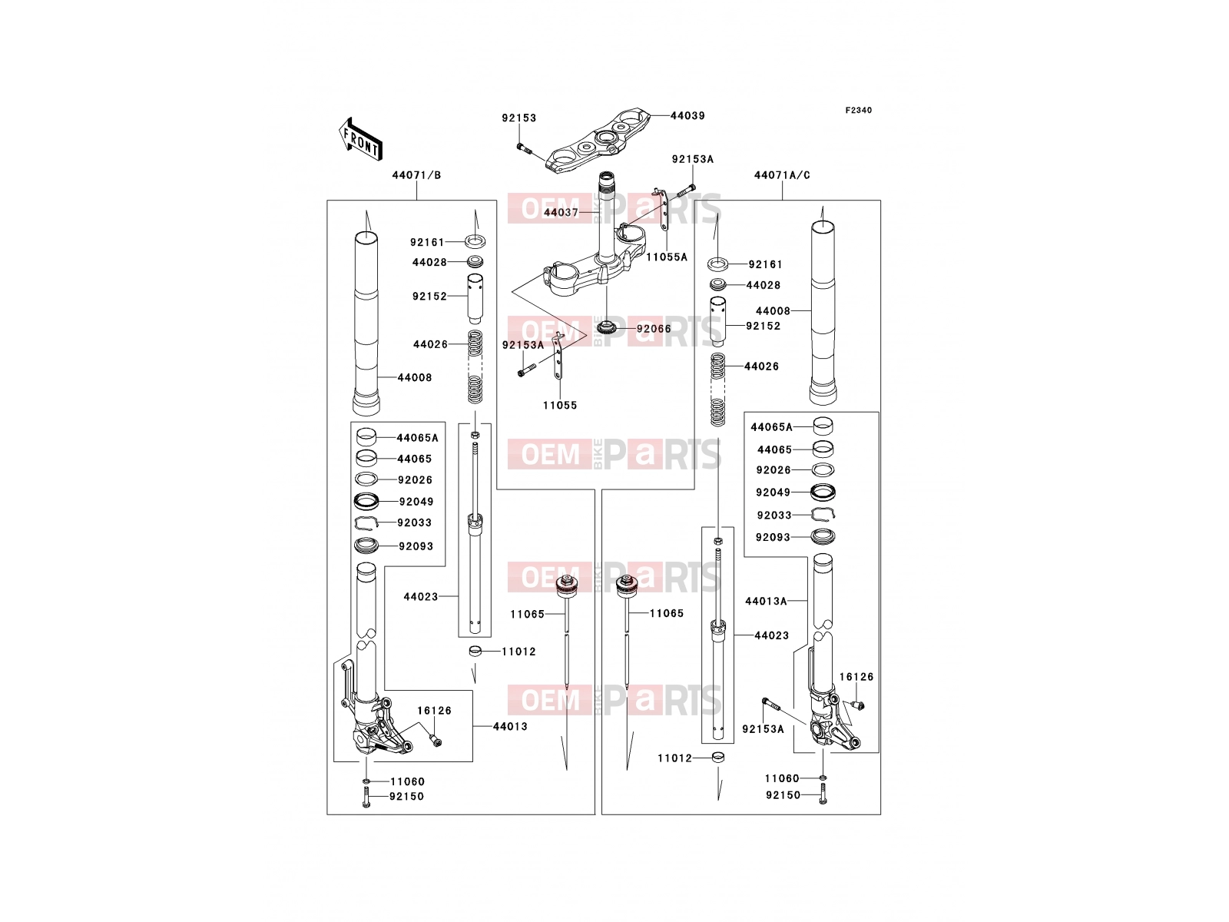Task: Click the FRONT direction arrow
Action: point(360,139)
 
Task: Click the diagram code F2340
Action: point(858,111)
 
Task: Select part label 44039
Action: point(687,116)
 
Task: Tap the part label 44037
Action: point(561,213)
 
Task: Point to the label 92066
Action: point(654,329)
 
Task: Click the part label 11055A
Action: point(666,257)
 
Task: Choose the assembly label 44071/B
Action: point(416,175)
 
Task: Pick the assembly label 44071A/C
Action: point(782,175)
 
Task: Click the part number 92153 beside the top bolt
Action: point(519,118)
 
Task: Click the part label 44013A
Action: point(766,602)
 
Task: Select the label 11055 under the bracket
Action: point(560,406)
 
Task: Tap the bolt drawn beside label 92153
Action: point(523,148)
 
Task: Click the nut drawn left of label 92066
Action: point(606,326)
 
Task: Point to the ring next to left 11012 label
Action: point(475,651)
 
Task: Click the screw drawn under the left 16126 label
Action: point(436,741)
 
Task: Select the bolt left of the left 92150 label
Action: point(366,797)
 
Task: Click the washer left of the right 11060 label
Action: point(823,778)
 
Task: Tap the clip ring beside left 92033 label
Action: point(366,522)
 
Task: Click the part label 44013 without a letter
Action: point(510,727)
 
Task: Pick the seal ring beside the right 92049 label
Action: point(823,492)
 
